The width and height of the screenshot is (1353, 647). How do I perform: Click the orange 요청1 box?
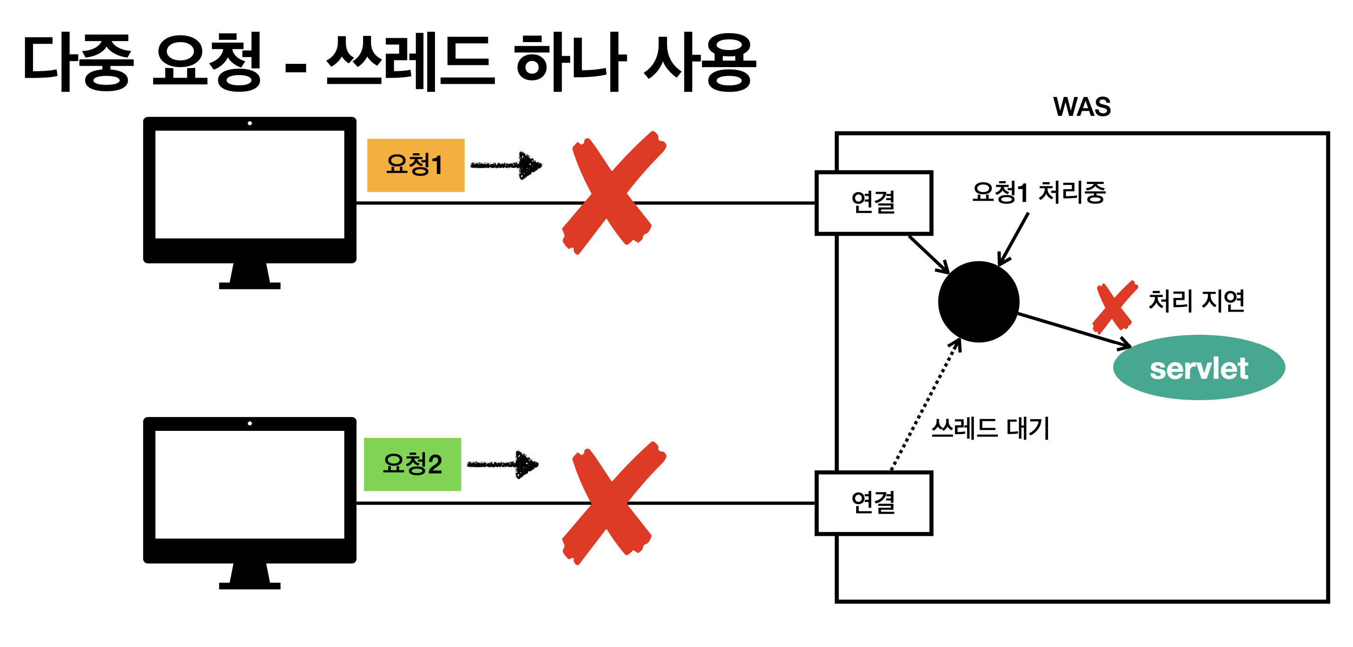coord(416,165)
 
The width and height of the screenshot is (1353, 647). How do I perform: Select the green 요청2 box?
coord(412,464)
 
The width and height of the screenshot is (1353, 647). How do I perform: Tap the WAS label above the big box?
coord(1082,107)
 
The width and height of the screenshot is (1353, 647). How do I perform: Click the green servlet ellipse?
coord(1198,367)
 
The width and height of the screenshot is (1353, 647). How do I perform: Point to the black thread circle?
coord(979,302)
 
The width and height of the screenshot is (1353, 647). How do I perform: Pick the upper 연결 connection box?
coord(874,202)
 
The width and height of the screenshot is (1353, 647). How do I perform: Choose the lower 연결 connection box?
coord(874,503)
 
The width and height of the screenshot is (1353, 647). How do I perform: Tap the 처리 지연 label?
coord(1196,301)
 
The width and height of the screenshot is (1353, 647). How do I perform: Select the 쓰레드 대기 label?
coord(990,428)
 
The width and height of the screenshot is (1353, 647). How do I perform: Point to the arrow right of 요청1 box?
coord(506,165)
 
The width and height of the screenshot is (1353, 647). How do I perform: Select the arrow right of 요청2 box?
coord(503,464)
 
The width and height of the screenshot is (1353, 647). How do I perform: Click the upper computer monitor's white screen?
coord(250,184)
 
